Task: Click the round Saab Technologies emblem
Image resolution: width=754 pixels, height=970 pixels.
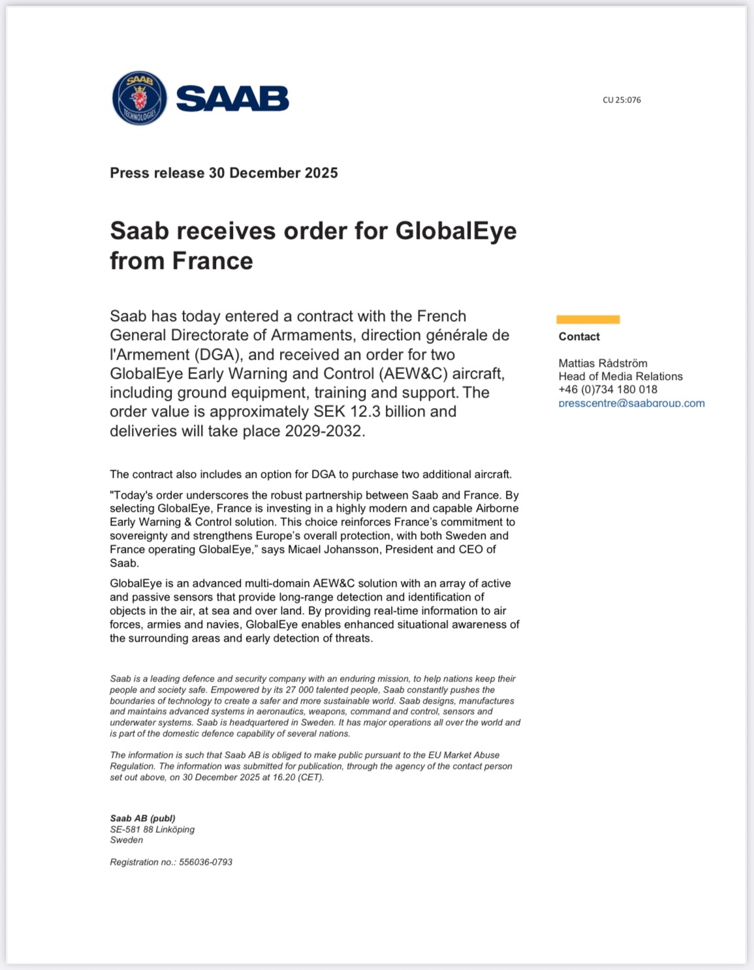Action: (140, 98)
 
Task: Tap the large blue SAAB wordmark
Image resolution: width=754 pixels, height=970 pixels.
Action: (232, 99)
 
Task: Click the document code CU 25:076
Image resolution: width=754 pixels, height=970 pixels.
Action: (621, 100)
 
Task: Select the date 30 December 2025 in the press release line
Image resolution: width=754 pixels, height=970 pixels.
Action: (273, 173)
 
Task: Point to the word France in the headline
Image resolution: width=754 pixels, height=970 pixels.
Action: (212, 261)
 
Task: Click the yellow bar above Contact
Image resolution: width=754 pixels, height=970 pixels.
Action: (588, 319)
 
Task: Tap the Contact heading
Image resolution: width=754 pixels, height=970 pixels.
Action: (579, 337)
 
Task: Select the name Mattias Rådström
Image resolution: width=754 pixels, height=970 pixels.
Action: (603, 363)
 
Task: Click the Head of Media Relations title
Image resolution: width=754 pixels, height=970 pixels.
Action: (620, 376)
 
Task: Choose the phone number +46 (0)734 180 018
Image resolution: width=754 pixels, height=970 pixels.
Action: (608, 389)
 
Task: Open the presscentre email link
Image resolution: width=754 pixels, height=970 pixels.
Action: (631, 403)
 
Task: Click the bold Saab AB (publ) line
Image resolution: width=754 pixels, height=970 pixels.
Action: (142, 819)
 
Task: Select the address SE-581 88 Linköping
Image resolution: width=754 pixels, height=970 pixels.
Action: (152, 830)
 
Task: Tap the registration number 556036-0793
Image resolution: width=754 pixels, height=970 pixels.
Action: (206, 862)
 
